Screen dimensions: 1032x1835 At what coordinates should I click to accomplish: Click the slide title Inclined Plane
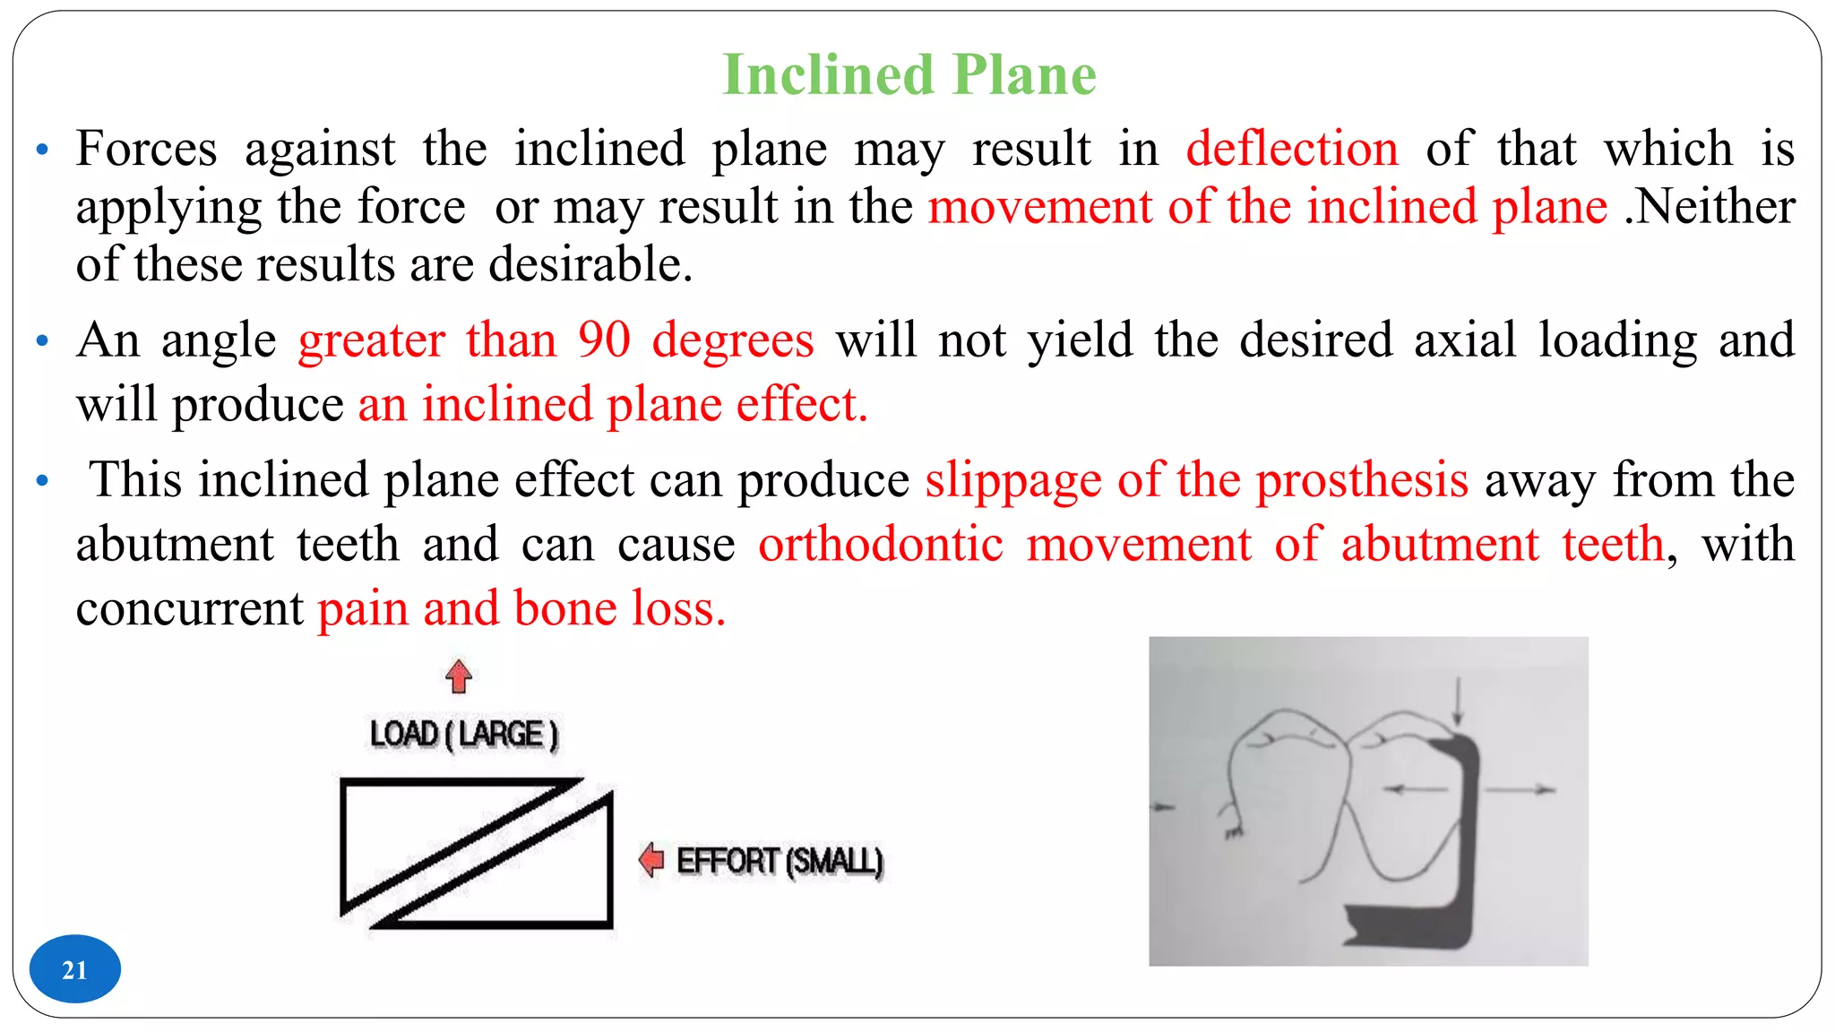click(909, 74)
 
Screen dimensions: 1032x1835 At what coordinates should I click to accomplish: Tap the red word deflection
click(1291, 149)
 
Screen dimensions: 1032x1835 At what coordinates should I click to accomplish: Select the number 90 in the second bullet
click(604, 340)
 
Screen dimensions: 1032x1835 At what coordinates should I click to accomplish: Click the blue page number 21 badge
click(74, 969)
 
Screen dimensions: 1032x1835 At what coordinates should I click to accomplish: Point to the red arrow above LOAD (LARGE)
click(459, 676)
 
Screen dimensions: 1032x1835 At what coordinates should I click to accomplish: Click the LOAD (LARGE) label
click(463, 735)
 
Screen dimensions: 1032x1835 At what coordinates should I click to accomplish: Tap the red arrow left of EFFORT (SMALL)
click(651, 860)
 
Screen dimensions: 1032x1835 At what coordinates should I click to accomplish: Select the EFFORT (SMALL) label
click(780, 861)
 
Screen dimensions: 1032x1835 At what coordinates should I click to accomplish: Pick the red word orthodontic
click(880, 545)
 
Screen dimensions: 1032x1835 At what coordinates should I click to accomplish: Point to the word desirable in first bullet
click(590, 265)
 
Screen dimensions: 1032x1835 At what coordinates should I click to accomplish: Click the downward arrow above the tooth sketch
click(1458, 701)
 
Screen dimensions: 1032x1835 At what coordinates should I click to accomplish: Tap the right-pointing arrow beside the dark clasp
click(1521, 789)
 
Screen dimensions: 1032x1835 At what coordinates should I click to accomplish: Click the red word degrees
click(732, 340)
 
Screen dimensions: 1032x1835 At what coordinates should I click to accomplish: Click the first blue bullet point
click(42, 150)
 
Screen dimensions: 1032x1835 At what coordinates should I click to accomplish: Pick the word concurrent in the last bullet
click(190, 609)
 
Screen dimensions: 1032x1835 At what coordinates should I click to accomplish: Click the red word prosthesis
click(1361, 480)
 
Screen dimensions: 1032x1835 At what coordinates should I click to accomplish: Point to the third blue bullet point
click(42, 481)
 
